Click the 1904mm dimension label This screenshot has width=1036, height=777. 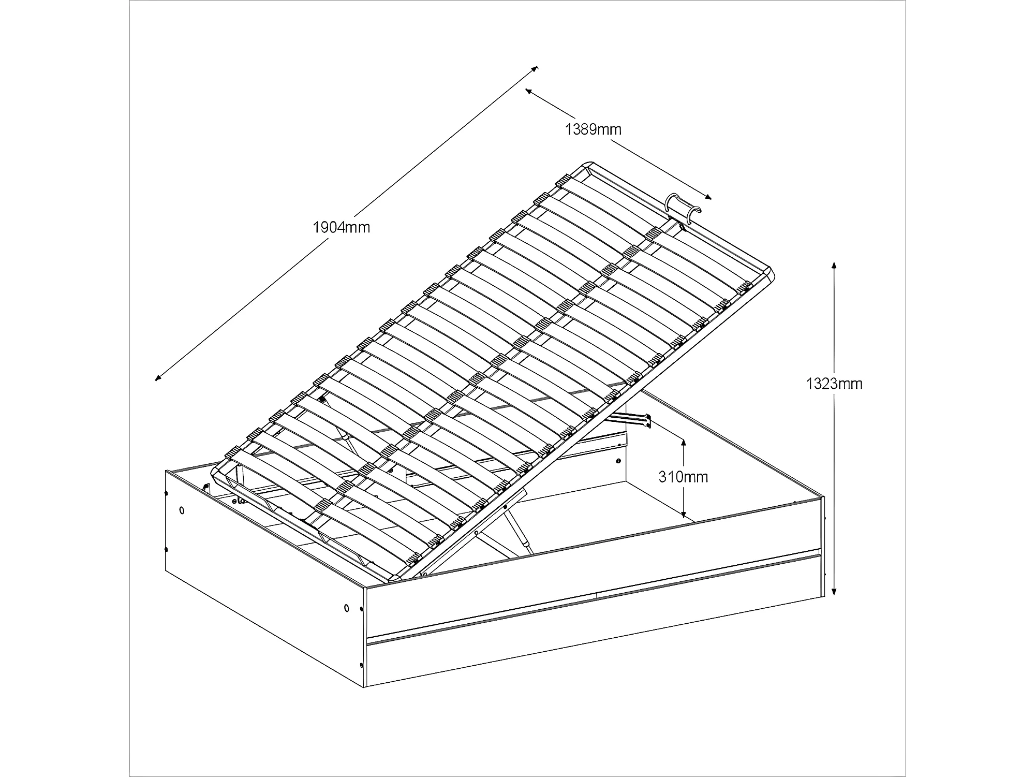tap(342, 227)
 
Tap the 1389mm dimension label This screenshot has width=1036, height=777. tap(593, 129)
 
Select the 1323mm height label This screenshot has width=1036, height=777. tap(834, 384)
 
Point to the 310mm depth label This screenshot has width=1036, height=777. tap(683, 477)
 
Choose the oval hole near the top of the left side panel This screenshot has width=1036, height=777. tap(181, 510)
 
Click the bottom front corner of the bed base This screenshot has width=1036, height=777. tap(365, 686)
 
